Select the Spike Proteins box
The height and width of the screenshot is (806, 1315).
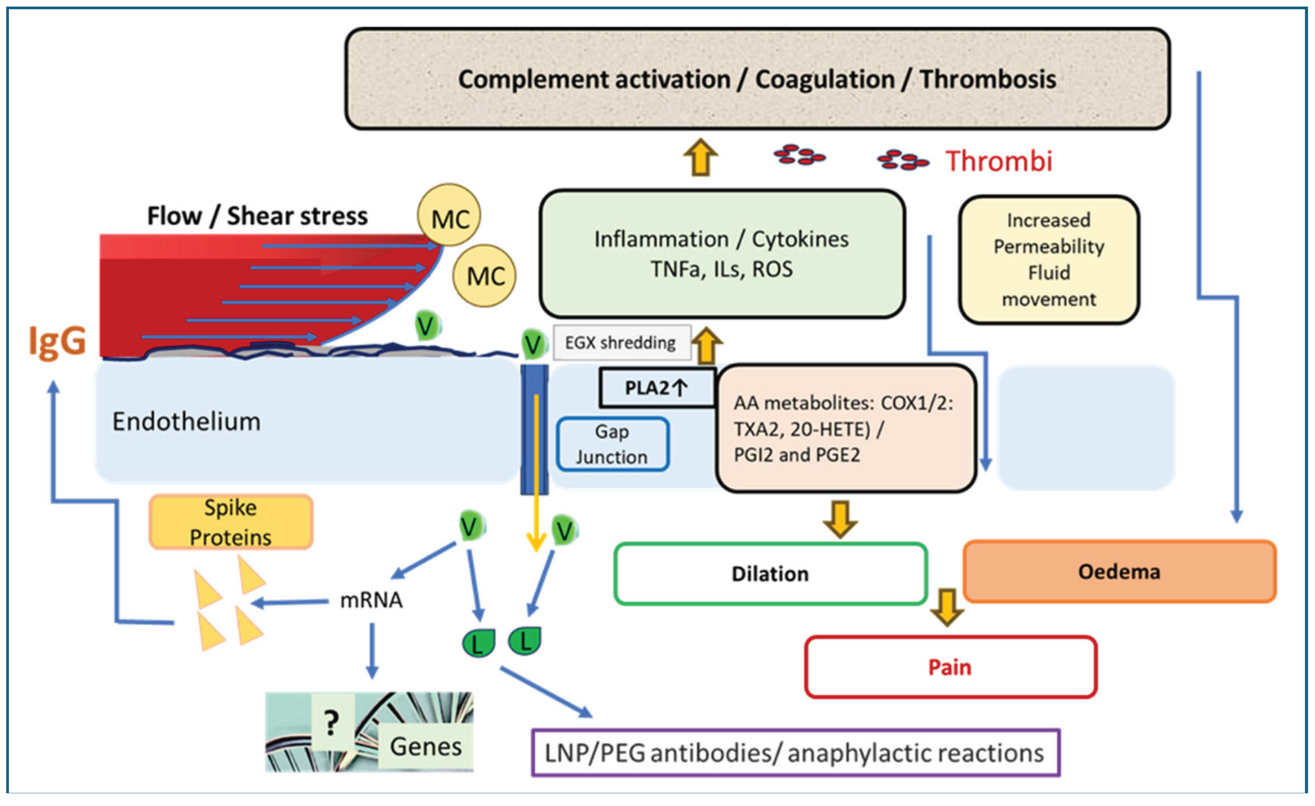pyautogui.click(x=231, y=522)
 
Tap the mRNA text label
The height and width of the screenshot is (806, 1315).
pyautogui.click(x=372, y=600)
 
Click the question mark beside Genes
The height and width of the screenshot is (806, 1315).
pyautogui.click(x=331, y=723)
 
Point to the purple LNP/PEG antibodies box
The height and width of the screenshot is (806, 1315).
pyautogui.click(x=795, y=753)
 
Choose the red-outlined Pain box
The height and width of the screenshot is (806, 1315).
pyautogui.click(x=950, y=667)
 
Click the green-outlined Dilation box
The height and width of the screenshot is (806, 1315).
pyautogui.click(x=770, y=574)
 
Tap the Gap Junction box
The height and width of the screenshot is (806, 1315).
pyautogui.click(x=612, y=444)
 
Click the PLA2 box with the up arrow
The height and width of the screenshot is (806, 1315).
pyautogui.click(x=656, y=388)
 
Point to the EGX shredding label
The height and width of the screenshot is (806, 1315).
pyautogui.click(x=621, y=343)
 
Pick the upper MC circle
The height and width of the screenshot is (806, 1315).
pyautogui.click(x=449, y=216)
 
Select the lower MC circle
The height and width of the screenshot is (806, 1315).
pyautogui.click(x=484, y=276)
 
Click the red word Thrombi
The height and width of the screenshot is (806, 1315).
pyautogui.click(x=999, y=161)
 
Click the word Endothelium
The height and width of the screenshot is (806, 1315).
pyautogui.click(x=186, y=422)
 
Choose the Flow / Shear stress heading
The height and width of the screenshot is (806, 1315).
pyautogui.click(x=257, y=216)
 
